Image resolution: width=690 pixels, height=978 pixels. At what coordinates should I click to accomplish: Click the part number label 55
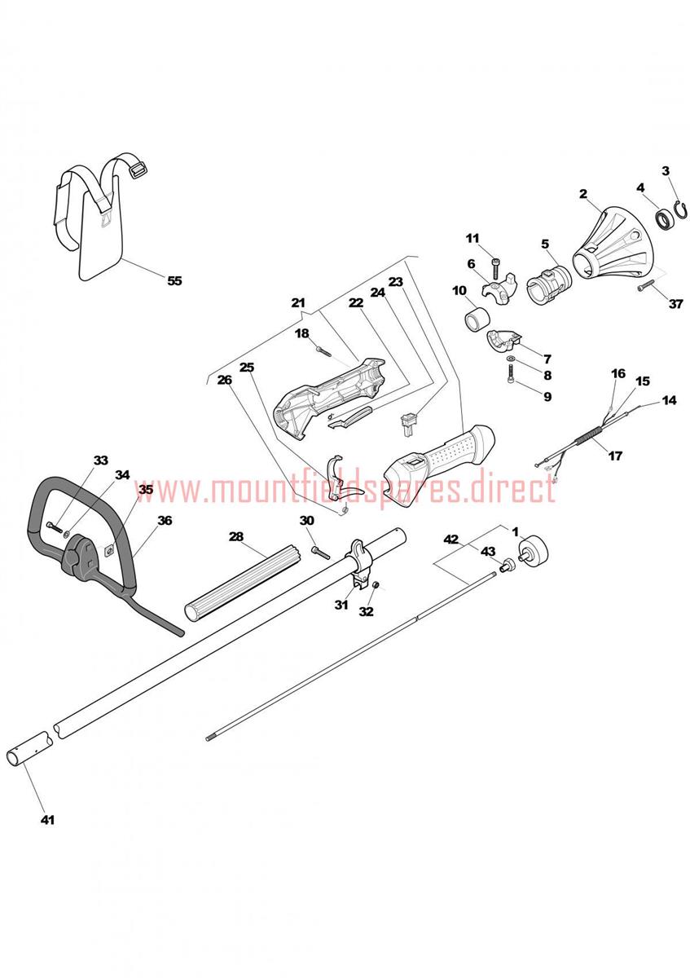tap(174, 280)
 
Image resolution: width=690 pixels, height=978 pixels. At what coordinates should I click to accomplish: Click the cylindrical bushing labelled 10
tap(474, 320)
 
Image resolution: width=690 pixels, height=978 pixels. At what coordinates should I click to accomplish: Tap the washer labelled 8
tap(510, 359)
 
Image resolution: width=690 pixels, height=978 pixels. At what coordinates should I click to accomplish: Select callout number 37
tap(675, 303)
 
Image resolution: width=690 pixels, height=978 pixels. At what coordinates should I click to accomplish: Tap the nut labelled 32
tap(376, 584)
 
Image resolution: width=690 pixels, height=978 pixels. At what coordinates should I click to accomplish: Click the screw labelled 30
tap(321, 552)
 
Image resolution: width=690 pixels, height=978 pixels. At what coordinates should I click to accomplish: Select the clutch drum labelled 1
tap(532, 551)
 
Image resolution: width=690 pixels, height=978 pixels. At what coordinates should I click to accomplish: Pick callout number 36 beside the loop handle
tap(165, 521)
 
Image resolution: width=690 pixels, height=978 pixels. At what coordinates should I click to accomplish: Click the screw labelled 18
tap(323, 350)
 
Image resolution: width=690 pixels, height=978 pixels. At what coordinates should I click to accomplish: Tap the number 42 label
tap(450, 540)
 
